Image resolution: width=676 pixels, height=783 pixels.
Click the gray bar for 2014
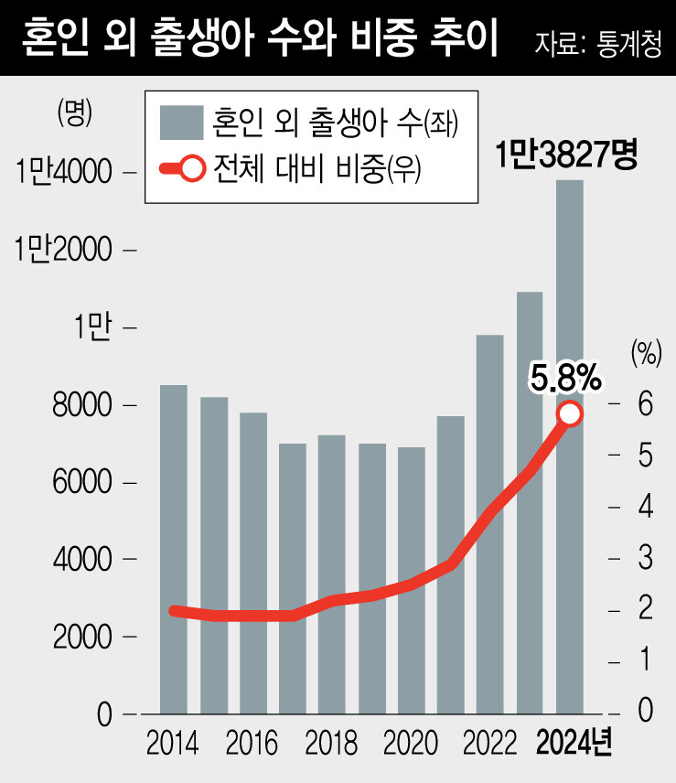click(x=174, y=549)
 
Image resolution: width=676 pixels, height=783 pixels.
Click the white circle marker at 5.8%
click(x=570, y=414)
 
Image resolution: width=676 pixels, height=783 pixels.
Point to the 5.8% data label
click(x=564, y=375)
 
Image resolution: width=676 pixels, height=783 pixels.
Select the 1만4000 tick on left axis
click(x=63, y=173)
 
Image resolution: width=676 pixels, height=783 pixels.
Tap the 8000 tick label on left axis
click(x=82, y=405)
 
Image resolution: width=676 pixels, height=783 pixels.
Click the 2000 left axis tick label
click(x=82, y=637)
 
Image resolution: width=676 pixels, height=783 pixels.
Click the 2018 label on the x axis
click(x=331, y=742)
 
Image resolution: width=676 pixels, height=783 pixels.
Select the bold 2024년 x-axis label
click(x=574, y=742)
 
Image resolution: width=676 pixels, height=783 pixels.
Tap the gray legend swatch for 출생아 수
click(x=180, y=120)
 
